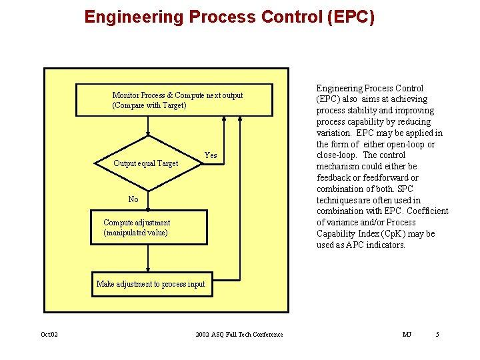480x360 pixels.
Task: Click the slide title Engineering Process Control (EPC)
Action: [230, 17]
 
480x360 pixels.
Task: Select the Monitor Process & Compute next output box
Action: [177, 100]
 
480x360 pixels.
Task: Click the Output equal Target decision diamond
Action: [147, 163]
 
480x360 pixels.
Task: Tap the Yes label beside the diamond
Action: [210, 155]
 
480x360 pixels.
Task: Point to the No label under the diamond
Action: [133, 199]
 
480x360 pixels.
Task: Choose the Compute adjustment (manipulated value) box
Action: [149, 228]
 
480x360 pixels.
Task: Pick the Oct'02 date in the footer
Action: [50, 334]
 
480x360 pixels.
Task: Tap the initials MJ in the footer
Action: [407, 334]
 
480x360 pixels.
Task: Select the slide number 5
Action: [437, 334]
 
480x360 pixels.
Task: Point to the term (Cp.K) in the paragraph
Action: [399, 234]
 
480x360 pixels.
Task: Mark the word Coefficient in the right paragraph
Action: [426, 211]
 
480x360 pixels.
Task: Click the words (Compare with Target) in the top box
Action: [149, 105]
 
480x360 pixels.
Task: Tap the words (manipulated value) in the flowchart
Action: [136, 233]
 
